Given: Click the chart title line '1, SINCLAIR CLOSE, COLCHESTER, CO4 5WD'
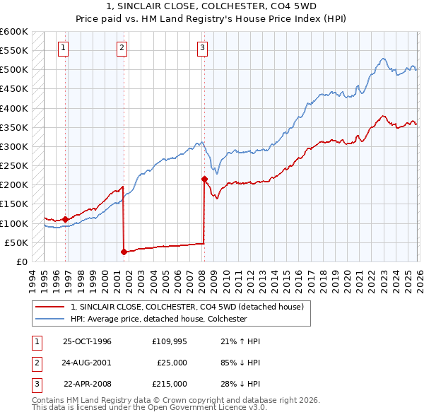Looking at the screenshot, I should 211,6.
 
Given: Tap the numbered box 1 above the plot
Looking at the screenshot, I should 64,48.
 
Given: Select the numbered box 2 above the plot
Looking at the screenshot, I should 122,48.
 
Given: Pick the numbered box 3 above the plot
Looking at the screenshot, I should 202,48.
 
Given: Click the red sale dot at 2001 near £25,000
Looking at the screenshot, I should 124,252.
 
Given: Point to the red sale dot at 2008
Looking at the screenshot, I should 204,179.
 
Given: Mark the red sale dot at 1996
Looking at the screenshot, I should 66,219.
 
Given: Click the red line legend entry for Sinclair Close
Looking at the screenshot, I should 187,307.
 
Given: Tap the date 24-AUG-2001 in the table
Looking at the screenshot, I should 87,363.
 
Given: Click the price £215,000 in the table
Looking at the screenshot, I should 169,384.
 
